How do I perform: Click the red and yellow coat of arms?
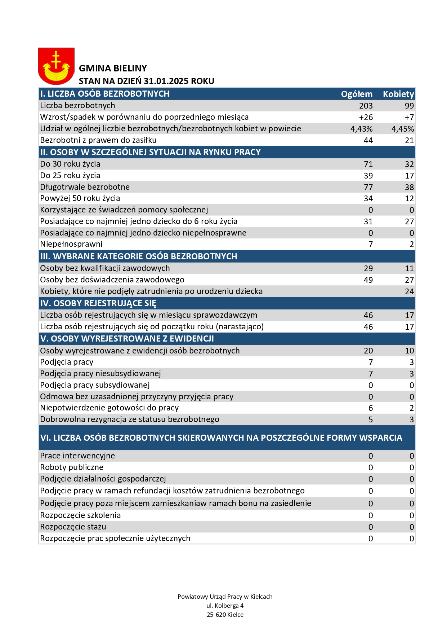(56, 66)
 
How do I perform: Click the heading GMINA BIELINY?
(113, 69)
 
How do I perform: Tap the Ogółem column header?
(357, 94)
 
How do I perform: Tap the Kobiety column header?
(398, 94)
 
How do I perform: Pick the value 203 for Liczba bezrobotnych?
(366, 106)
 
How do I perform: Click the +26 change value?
(366, 117)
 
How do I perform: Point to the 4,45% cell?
(403, 129)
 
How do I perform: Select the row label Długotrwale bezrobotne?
(85, 187)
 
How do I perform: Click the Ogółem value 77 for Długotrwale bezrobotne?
(368, 187)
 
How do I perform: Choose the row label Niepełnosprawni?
(71, 244)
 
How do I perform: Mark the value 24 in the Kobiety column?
(409, 291)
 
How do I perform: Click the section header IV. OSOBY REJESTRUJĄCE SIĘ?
(98, 303)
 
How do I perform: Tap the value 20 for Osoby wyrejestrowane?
(368, 351)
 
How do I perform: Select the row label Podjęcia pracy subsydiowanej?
(95, 385)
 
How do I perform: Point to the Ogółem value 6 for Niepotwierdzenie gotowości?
(371, 408)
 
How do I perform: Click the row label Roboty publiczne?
(72, 467)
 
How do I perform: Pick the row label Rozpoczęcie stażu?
(73, 527)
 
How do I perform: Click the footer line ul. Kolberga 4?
(225, 606)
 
